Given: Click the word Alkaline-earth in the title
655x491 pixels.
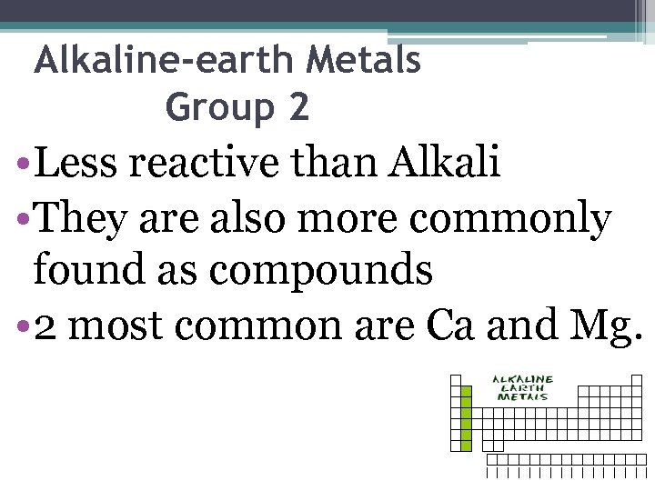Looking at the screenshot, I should [x=164, y=62].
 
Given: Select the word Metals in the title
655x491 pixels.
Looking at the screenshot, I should [x=363, y=62].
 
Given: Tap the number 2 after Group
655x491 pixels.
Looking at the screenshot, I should [x=298, y=108].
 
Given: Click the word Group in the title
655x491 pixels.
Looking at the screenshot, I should [x=218, y=110].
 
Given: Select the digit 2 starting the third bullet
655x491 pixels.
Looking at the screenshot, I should [x=44, y=326].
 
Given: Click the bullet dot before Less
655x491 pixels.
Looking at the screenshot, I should [x=21, y=167].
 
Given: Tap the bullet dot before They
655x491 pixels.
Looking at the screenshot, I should [x=21, y=221].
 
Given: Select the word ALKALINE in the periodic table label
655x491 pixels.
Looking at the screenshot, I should [x=522, y=378].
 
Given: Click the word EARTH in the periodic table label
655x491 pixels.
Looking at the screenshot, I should [x=522, y=387].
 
